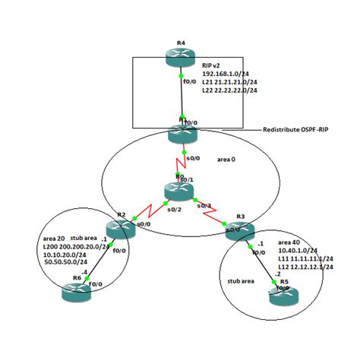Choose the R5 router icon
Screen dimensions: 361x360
tap(283, 296)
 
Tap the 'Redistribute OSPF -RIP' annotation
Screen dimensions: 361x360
tap(295, 128)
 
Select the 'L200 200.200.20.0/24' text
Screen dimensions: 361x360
tap(74, 246)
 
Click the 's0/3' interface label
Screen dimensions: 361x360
tap(203, 206)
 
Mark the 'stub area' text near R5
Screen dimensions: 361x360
tap(242, 280)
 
